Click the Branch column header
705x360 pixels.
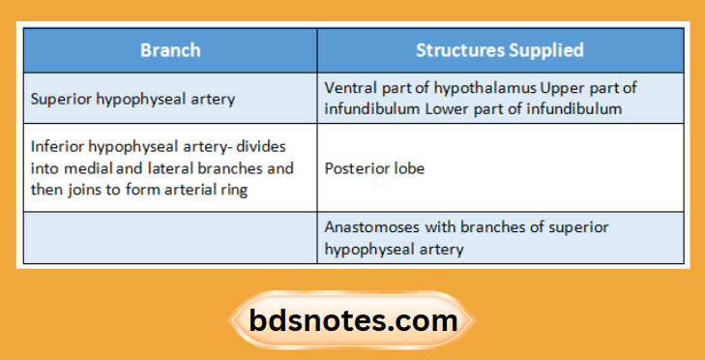[170, 49]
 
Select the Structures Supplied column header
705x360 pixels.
[499, 49]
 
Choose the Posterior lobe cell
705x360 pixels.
[373, 167]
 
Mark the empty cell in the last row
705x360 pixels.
[170, 238]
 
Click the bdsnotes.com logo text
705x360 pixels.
[352, 320]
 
